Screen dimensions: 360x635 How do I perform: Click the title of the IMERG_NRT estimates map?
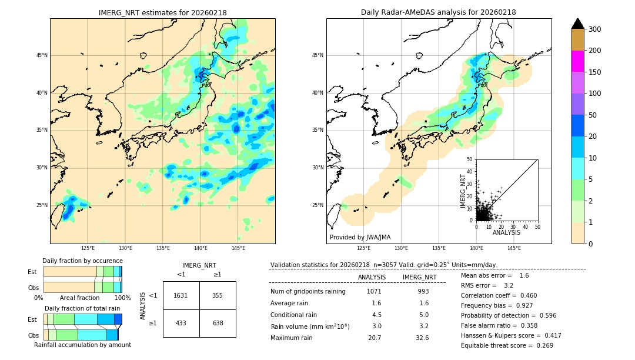coord(162,12)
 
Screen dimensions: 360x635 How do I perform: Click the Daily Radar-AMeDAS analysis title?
coord(439,12)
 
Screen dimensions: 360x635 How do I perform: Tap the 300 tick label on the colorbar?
coord(595,29)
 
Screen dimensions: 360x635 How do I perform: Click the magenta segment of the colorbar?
coord(577,61)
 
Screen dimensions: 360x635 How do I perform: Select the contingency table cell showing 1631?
coord(181,295)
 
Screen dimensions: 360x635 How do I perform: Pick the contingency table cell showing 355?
coord(218,295)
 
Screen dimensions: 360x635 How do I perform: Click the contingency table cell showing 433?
coord(181,323)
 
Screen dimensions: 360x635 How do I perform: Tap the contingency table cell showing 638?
coord(218,323)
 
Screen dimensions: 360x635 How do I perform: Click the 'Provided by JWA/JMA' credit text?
coord(360,238)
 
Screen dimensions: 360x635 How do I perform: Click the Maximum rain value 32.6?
coord(422,338)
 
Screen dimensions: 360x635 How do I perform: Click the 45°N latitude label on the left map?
coord(42,55)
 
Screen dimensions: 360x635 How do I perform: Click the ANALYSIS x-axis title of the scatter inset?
coord(507,232)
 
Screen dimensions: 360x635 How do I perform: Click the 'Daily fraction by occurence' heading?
coord(82,261)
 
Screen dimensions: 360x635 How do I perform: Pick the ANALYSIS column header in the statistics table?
coord(372,277)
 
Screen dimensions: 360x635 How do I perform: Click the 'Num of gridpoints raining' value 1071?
coord(374,291)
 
